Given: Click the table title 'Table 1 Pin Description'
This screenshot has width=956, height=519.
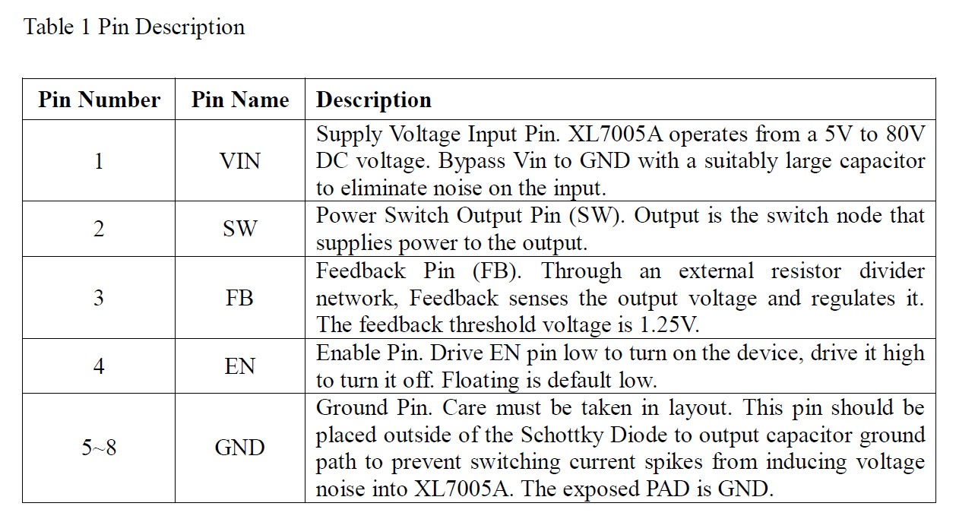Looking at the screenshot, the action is point(135,27).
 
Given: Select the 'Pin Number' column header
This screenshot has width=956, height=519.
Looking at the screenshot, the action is point(99,100).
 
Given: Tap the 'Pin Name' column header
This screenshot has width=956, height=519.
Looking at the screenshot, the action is point(240,100).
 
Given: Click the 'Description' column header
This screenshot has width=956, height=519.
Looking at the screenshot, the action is point(374,100).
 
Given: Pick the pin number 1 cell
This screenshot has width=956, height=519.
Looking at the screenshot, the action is point(99,161).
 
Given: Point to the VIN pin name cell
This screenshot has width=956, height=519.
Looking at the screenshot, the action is point(240,161).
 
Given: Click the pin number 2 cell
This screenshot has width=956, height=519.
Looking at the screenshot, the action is point(99,229).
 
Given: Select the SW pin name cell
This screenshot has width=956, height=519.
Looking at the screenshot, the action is point(240,229).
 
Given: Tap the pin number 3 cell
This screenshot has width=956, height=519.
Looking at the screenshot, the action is point(99,297).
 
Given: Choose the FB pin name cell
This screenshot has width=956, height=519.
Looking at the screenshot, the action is point(240,297).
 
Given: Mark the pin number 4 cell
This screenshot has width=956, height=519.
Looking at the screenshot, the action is point(99,366).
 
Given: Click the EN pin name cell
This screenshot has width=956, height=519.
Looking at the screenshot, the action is point(240,366).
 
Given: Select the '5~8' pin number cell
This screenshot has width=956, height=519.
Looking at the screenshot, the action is point(99,448).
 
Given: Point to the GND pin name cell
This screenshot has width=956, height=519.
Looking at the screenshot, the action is point(240,448).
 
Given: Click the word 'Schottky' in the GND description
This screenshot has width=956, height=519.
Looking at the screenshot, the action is point(559,435).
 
